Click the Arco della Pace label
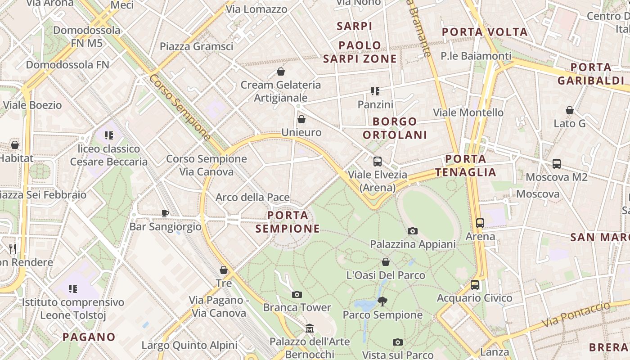[x=252, y=197]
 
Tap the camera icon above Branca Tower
[x=297, y=294]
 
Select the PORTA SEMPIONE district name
[x=288, y=222]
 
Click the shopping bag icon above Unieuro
[x=301, y=119]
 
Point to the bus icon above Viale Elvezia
[x=378, y=162]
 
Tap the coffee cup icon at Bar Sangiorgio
[x=165, y=213]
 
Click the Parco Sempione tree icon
[x=382, y=301]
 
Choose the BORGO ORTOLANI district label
[x=395, y=128]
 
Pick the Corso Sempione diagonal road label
[x=180, y=107]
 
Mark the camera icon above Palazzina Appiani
[x=413, y=231]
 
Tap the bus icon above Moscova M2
[x=557, y=164]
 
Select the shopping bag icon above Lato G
[x=570, y=110]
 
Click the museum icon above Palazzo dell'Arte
[x=310, y=328]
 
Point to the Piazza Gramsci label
[x=197, y=46]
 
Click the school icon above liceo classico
[x=108, y=135]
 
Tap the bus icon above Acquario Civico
[x=475, y=285]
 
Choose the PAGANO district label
[x=89, y=337]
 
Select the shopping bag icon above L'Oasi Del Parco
[x=386, y=262]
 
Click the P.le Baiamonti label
[x=476, y=56]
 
